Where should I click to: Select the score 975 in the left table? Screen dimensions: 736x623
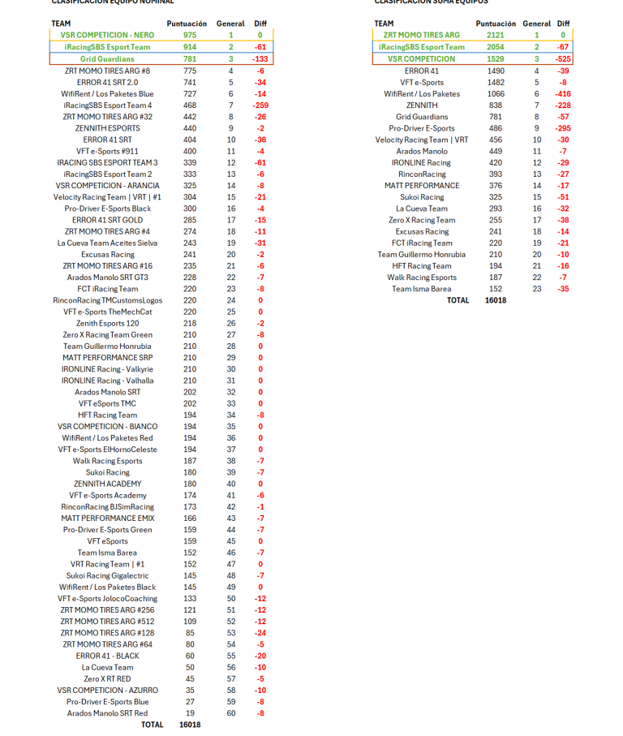[x=189, y=36]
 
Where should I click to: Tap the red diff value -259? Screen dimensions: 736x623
[x=260, y=105]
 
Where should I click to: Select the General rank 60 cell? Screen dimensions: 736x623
[x=230, y=713]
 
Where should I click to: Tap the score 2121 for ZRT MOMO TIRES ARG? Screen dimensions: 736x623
[x=495, y=36]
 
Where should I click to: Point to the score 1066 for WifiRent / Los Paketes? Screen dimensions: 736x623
[x=496, y=93]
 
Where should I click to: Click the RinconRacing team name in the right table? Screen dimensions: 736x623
[x=422, y=174]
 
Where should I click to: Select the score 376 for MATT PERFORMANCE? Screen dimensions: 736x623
[x=496, y=186]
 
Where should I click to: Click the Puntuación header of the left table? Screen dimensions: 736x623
[x=187, y=24]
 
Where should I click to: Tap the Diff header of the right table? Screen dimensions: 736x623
[x=563, y=24]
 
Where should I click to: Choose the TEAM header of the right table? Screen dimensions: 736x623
[x=384, y=24]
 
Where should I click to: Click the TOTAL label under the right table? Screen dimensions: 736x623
[x=458, y=300]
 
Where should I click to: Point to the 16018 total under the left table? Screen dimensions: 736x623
[x=189, y=725]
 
